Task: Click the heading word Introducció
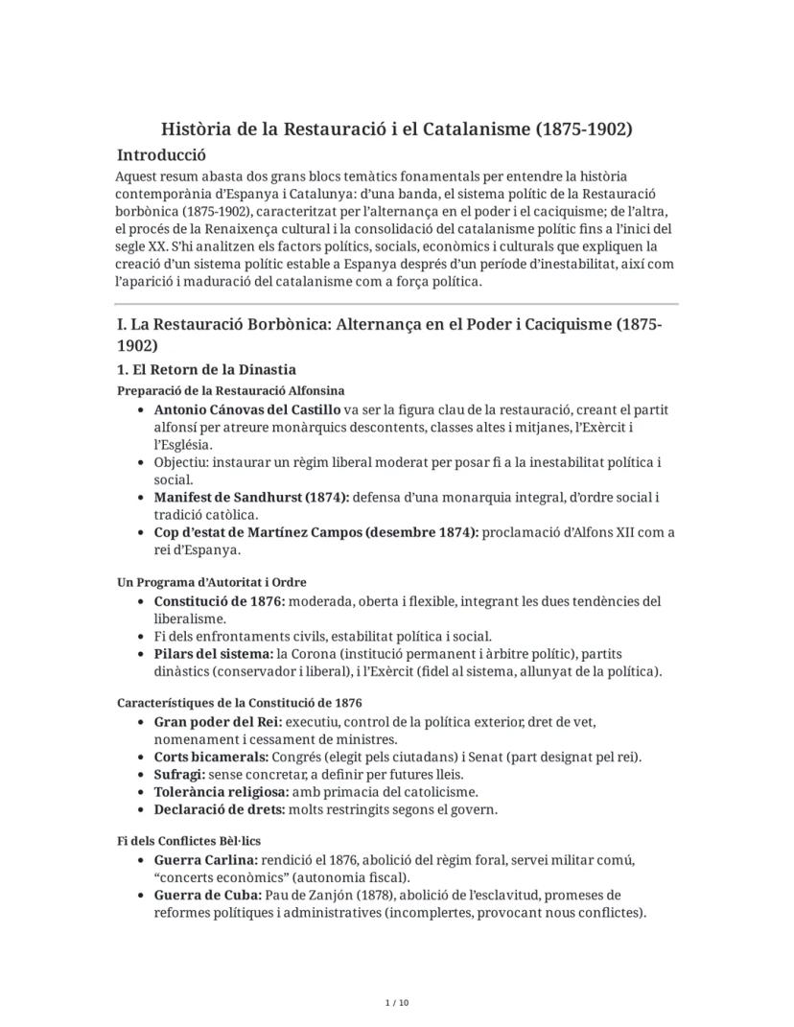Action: (161, 154)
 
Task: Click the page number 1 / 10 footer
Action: (396, 1003)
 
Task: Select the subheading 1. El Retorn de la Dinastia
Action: (206, 369)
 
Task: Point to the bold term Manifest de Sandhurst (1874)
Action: (251, 498)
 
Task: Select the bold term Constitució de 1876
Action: (219, 601)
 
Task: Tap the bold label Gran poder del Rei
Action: (218, 721)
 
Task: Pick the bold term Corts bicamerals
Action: (211, 757)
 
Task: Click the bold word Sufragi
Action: (179, 774)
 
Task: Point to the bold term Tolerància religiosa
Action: (222, 791)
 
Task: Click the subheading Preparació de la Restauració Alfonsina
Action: (231, 390)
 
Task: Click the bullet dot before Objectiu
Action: (143, 462)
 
